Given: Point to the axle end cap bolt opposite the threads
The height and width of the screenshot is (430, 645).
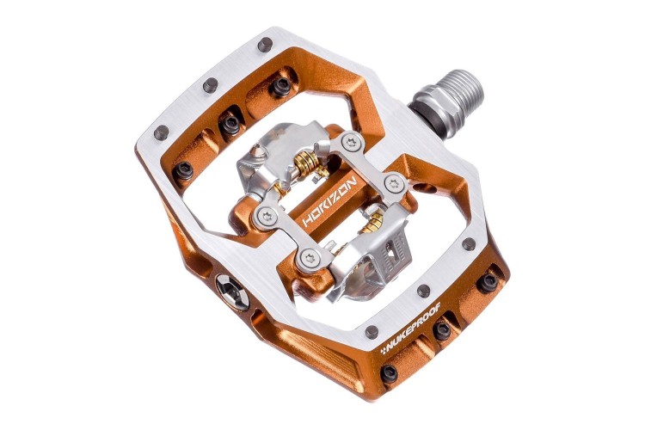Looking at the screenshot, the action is tap(232, 292).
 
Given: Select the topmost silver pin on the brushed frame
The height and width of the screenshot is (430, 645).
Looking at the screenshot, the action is tap(266, 44).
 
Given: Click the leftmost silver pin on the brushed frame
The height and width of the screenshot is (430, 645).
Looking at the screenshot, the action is tap(162, 132).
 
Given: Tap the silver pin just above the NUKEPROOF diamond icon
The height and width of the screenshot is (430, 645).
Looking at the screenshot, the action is tap(372, 331).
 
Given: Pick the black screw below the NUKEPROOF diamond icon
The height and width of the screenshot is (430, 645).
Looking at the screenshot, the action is tap(389, 373).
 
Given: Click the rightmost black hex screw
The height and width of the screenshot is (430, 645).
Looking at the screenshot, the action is tap(488, 283).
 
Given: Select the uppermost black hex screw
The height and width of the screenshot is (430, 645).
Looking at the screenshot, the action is tap(281, 86).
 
